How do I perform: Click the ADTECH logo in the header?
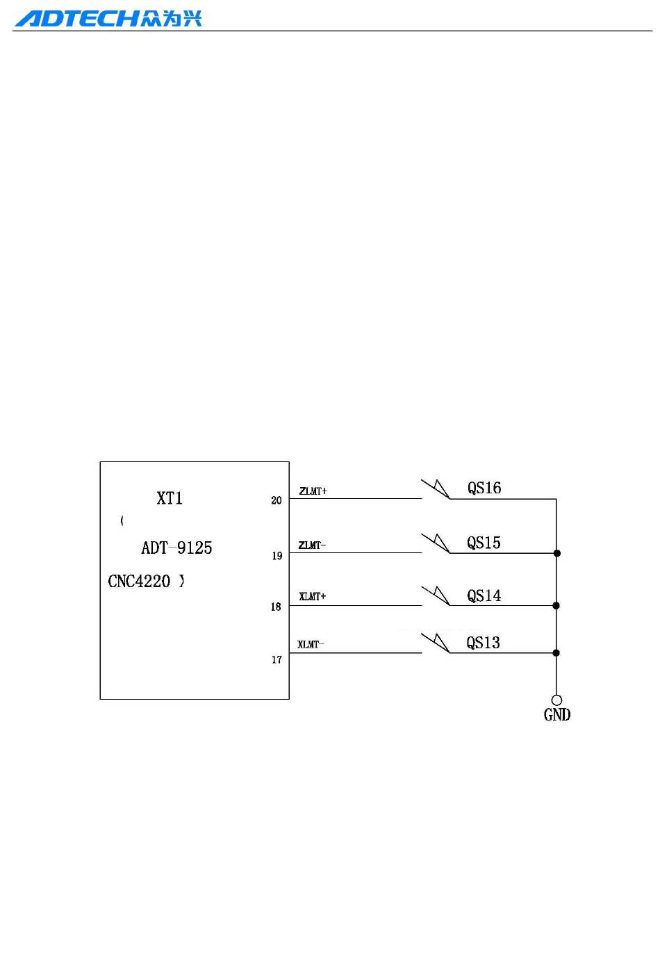click(x=108, y=18)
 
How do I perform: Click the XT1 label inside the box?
click(x=170, y=498)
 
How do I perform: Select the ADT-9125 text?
click(x=176, y=548)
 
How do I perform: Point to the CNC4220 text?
click(x=139, y=582)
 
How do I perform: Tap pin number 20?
click(x=277, y=500)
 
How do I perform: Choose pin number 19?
click(x=277, y=556)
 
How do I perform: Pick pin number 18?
click(x=276, y=607)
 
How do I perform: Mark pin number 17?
click(x=277, y=660)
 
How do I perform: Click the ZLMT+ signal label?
click(x=313, y=491)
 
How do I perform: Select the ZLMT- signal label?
click(x=312, y=545)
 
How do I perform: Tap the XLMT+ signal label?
click(x=313, y=597)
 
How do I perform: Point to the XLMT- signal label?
click(x=311, y=645)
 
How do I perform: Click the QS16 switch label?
click(x=484, y=488)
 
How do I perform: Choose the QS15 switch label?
click(x=484, y=543)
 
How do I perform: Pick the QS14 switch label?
click(x=484, y=596)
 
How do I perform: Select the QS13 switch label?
click(x=483, y=643)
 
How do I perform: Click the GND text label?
click(x=557, y=715)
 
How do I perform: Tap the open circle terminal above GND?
click(x=556, y=700)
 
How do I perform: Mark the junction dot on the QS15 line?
click(x=556, y=553)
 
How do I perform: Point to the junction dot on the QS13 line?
click(x=556, y=653)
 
